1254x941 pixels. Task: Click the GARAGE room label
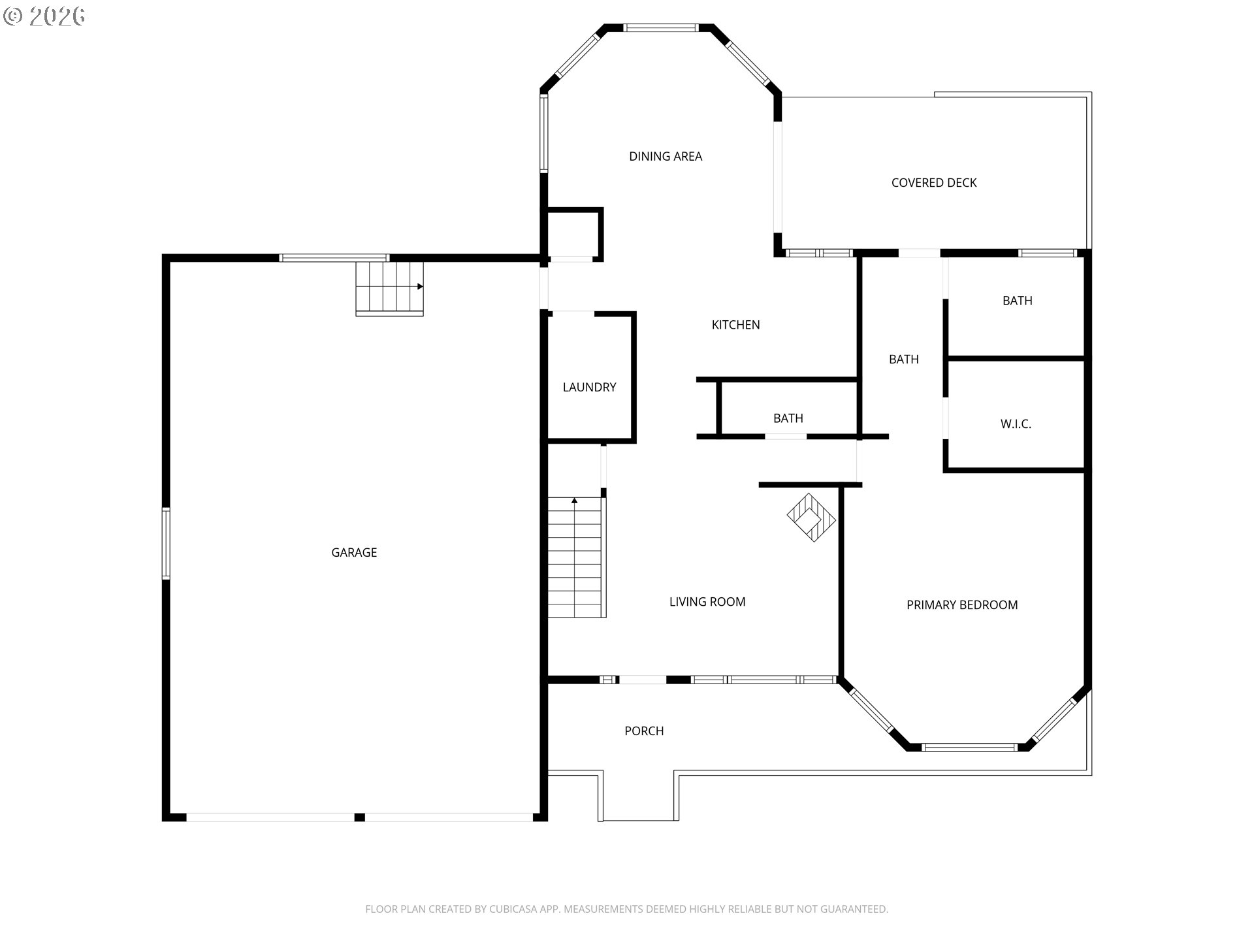354,553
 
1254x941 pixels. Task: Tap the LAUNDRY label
589,388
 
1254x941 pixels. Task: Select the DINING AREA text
666,157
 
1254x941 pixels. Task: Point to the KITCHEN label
735,325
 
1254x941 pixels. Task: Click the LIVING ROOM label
707,602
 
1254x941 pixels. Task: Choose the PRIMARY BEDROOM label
962,605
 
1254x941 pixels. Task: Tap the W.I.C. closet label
1016,424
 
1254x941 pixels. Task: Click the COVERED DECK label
934,183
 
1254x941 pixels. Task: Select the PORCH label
644,731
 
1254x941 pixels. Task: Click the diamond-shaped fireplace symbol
811,518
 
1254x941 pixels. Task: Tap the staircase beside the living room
575,557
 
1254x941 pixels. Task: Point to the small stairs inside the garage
389,288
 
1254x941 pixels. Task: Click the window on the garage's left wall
166,544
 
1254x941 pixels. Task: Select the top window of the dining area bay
660,28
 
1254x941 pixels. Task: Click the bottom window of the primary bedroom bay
970,747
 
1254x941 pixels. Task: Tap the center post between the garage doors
359,817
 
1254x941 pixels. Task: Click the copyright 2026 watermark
44,16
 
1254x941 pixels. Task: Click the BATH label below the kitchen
788,418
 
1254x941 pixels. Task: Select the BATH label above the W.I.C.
1018,301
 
